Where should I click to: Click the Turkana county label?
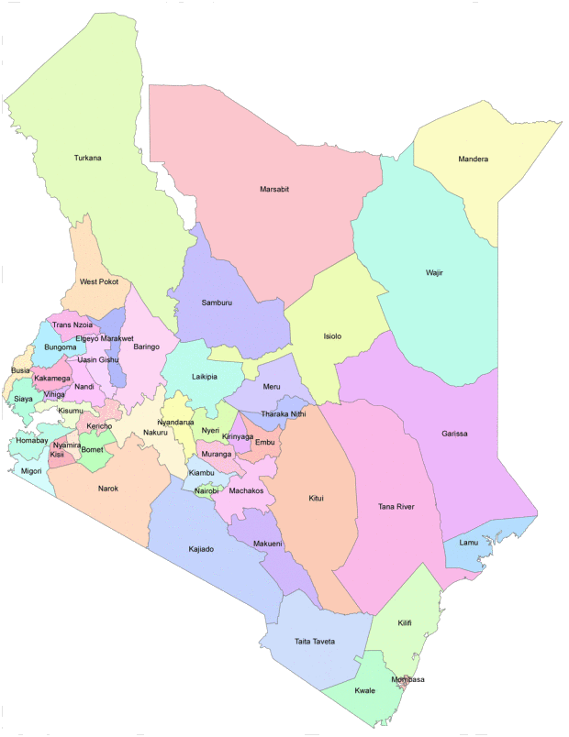pos(87,159)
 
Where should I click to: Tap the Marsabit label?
pos(273,189)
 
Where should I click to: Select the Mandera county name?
pos(473,159)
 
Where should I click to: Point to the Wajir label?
pos(434,272)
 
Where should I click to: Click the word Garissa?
pos(454,433)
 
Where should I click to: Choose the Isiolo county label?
pos(332,336)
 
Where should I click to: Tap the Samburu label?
pos(217,302)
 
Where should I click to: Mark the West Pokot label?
pos(99,281)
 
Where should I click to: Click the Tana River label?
pos(396,506)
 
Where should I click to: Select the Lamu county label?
pos(469,542)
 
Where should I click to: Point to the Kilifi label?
pos(405,622)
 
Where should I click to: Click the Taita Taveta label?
pos(314,641)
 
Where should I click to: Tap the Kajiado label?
pos(200,548)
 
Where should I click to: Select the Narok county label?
pos(108,488)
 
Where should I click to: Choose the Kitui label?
pos(317,499)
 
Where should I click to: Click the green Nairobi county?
pos(207,490)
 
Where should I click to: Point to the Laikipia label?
pos(205,376)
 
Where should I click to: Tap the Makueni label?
pos(269,544)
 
